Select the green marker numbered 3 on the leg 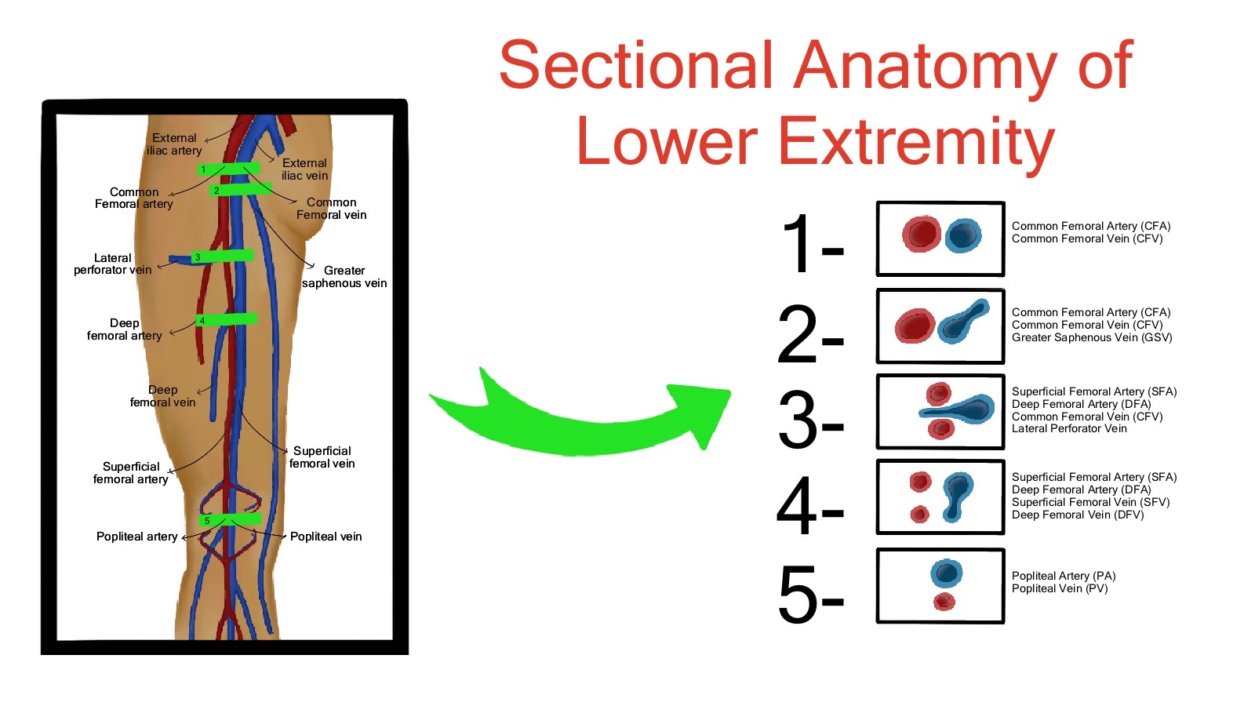[x=224, y=256]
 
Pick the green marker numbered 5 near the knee [x=231, y=519]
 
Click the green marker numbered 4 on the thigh [x=227, y=319]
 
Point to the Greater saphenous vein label [x=344, y=277]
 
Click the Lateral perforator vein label [x=113, y=264]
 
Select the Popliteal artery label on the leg [x=136, y=537]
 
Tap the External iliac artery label [x=174, y=144]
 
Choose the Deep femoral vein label [x=162, y=396]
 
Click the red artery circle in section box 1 [x=921, y=233]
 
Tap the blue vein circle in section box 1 [x=962, y=235]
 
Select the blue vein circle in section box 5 [x=947, y=573]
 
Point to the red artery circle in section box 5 [x=944, y=602]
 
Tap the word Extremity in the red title [x=816, y=141]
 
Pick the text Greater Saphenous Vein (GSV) [x=1092, y=337]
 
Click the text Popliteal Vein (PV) [x=1060, y=588]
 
